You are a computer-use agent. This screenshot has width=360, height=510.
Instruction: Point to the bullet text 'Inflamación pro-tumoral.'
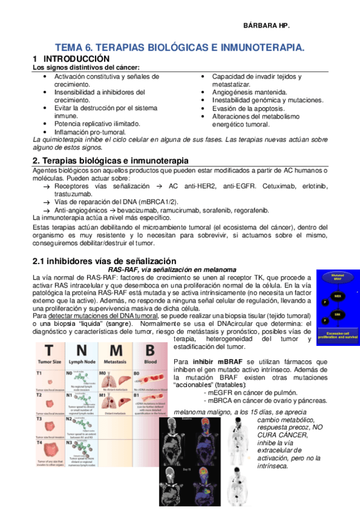pyautogui.click(x=90, y=131)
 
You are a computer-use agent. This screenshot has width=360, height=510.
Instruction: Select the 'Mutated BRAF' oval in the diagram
pyautogui.click(x=338, y=277)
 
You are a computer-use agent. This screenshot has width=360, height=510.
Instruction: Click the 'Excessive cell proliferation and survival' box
pyautogui.click(x=338, y=335)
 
